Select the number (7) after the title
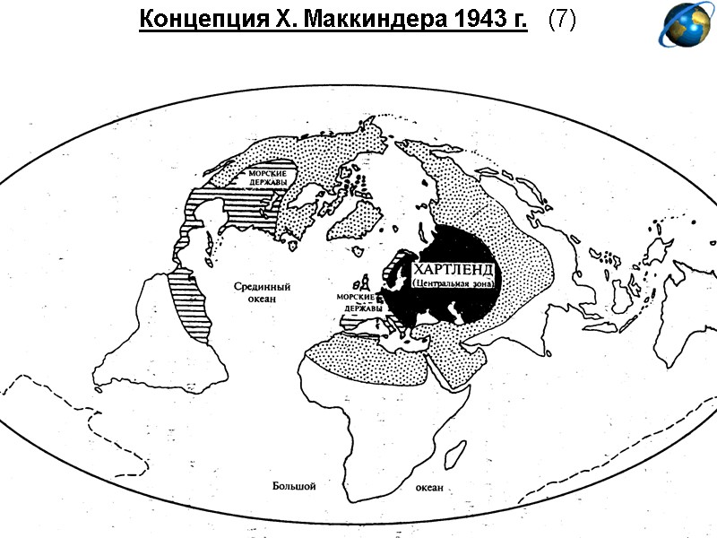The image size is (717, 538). (560, 21)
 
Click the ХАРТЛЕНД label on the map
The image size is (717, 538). (454, 269)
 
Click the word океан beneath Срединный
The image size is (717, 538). (260, 299)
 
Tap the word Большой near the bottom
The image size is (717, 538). (294, 485)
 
